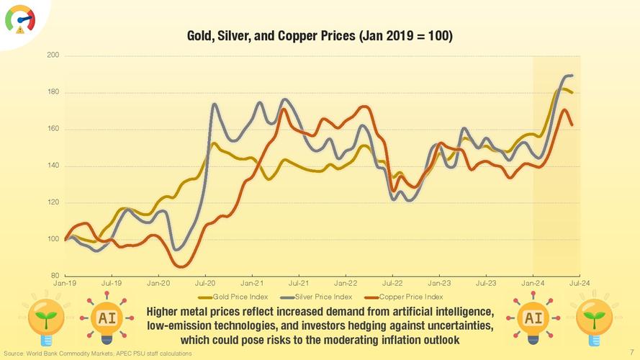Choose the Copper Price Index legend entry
coord(410,297)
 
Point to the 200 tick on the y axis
coord(53,55)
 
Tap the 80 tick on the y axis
coord(55,276)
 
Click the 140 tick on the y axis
coord(53,166)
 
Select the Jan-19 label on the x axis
coord(65,284)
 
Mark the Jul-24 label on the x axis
coord(580,284)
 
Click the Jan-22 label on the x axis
coord(346,284)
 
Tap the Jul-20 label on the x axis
coord(205,284)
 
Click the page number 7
coord(631,353)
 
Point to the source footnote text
coord(98,354)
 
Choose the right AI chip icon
coord(533,318)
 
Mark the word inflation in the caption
coord(404,339)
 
